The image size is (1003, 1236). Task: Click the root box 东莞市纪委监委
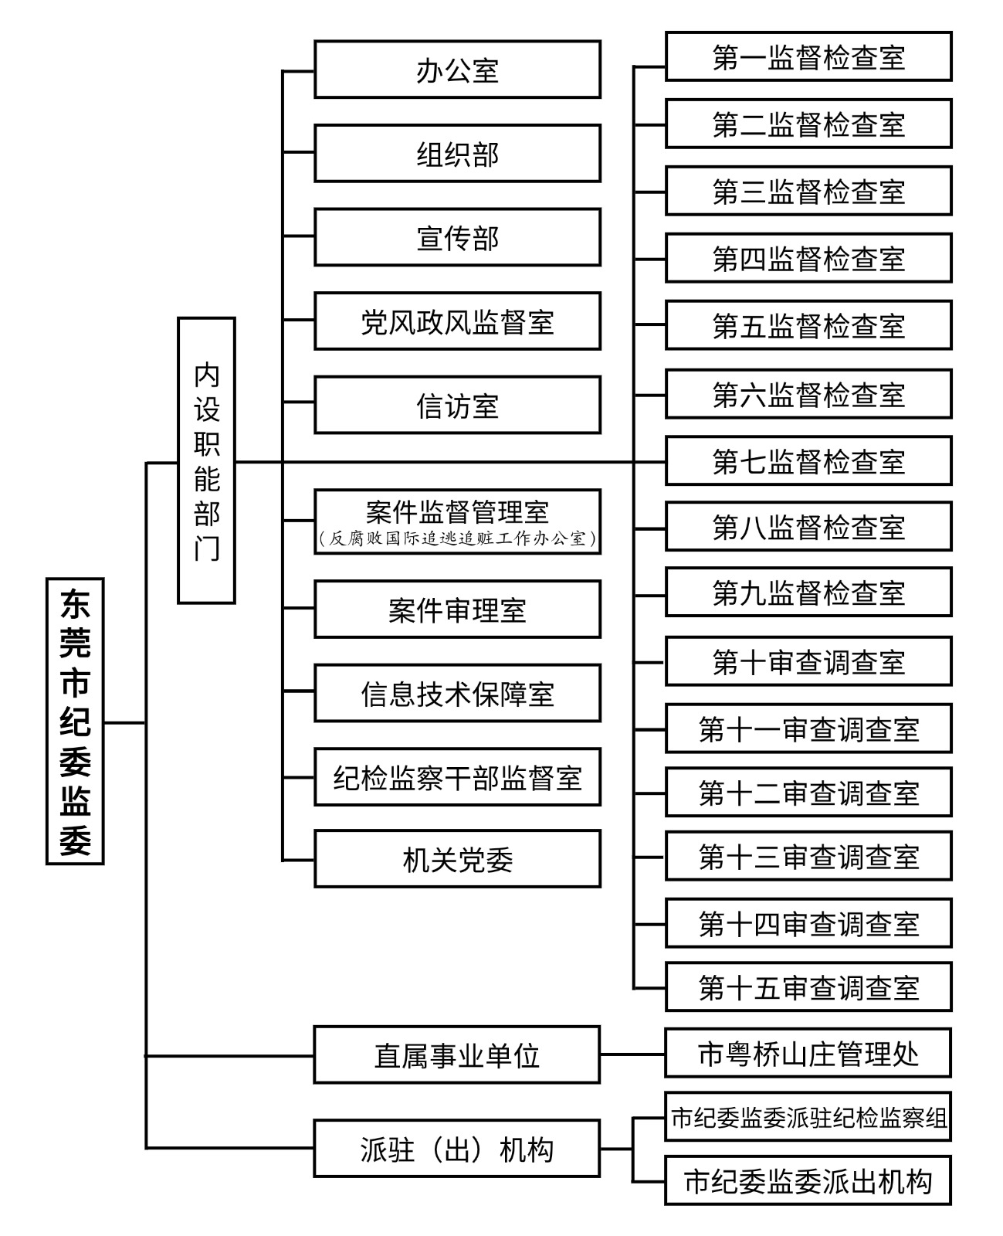click(75, 721)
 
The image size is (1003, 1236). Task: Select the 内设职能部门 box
click(206, 460)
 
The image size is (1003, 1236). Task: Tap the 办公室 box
click(457, 70)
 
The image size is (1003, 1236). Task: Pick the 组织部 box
click(457, 154)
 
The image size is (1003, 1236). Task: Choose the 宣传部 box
click(457, 237)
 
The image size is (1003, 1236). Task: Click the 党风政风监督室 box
click(457, 321)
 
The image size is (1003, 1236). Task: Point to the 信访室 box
click(457, 405)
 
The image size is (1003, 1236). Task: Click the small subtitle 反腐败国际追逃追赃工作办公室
click(457, 538)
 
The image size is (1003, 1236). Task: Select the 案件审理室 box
click(457, 610)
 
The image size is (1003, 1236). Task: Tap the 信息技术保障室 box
click(457, 693)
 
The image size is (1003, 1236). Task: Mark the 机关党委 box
click(457, 859)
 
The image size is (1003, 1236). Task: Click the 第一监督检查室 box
click(808, 56)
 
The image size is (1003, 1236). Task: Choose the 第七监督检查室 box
click(808, 460)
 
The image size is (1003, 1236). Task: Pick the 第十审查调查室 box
click(808, 661)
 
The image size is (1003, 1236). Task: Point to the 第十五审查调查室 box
click(808, 986)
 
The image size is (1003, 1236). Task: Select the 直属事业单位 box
click(457, 1054)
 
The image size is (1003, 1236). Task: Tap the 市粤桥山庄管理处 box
click(808, 1053)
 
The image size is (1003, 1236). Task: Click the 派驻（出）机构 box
click(457, 1149)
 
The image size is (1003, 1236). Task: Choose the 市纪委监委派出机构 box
click(808, 1180)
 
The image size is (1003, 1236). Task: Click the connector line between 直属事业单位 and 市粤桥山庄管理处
click(632, 1054)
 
